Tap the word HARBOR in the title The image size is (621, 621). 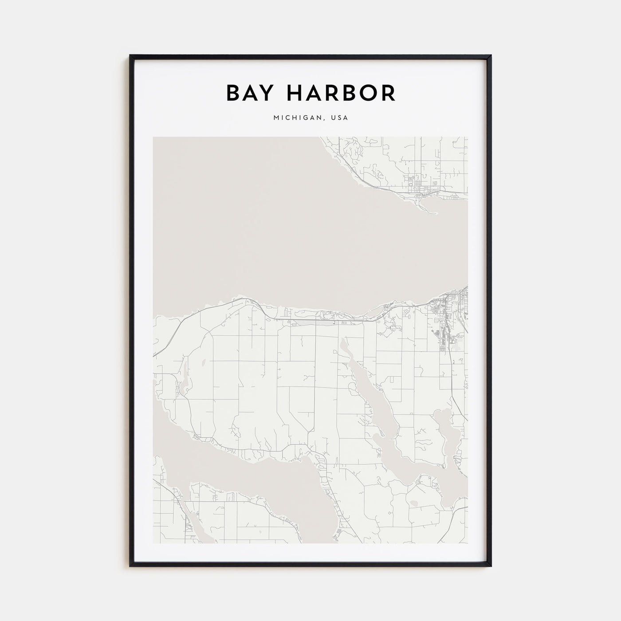click(341, 93)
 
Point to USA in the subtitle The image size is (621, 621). click(339, 118)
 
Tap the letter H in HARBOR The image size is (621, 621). click(296, 93)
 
